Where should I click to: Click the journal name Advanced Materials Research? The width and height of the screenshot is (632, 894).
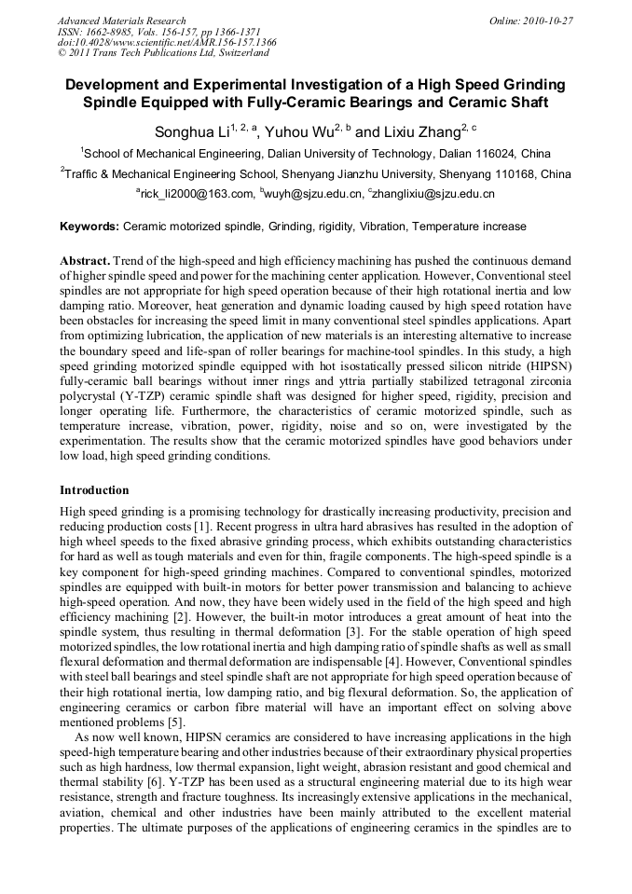(x=121, y=21)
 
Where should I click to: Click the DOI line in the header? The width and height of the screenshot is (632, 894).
(x=167, y=42)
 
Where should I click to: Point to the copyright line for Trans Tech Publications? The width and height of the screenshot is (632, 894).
(x=163, y=53)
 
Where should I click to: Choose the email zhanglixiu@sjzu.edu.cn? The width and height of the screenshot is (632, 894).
(x=434, y=194)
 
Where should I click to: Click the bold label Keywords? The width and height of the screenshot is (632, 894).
(x=89, y=227)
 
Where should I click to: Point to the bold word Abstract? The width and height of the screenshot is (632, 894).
(x=85, y=260)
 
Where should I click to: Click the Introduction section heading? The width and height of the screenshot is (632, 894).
(x=94, y=489)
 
